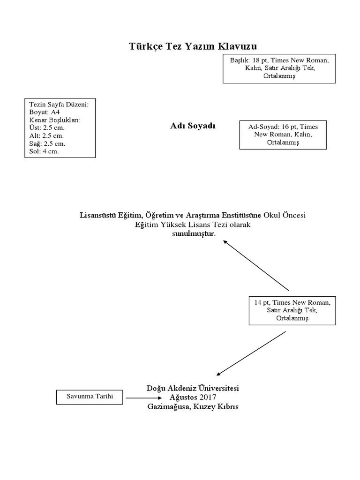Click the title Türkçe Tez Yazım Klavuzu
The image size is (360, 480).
click(193, 46)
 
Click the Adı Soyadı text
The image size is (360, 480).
click(193, 126)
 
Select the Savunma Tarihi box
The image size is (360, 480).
click(90, 397)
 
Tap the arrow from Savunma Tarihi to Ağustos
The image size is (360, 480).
click(142, 398)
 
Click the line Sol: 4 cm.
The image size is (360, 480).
click(44, 151)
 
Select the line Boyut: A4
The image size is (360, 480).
click(45, 112)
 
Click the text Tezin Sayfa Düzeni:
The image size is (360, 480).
click(59, 104)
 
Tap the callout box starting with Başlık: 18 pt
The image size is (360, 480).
click(279, 68)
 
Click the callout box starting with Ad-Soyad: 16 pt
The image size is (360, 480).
click(283, 135)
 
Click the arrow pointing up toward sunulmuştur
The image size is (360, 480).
click(256, 265)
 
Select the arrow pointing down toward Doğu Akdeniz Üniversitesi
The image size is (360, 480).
click(251, 353)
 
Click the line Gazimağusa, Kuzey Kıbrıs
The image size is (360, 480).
click(193, 406)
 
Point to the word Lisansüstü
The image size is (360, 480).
click(98, 215)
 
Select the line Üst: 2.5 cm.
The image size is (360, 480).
click(47, 127)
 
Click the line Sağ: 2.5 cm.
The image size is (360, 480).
click(47, 143)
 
